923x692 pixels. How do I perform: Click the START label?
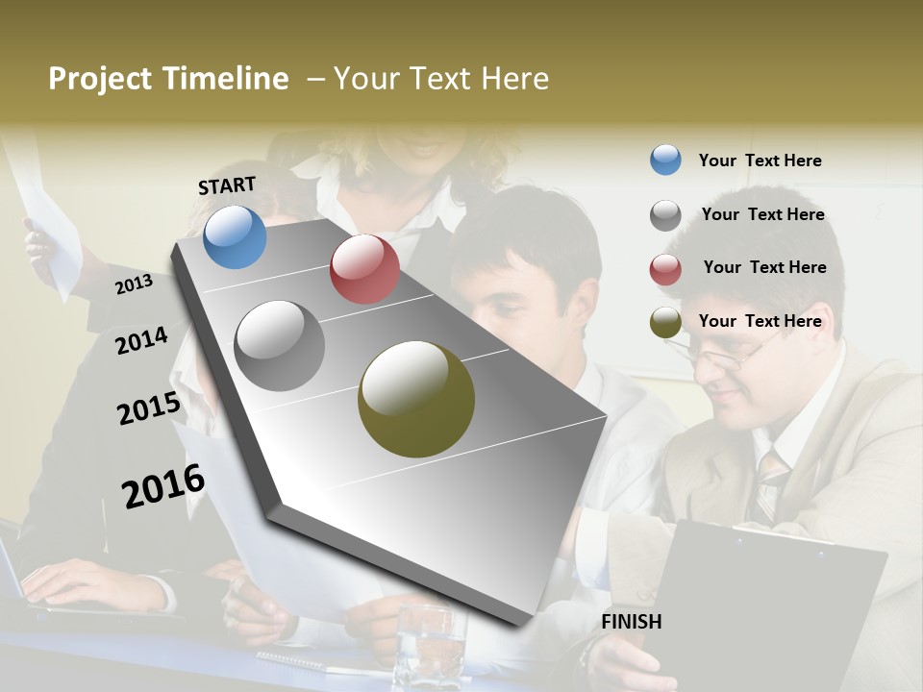pyautogui.click(x=227, y=185)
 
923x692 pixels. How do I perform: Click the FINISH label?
pyautogui.click(x=631, y=622)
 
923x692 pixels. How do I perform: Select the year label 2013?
pyautogui.click(x=134, y=284)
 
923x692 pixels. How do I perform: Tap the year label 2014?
pyautogui.click(x=141, y=340)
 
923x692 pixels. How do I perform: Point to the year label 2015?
pyautogui.click(x=148, y=408)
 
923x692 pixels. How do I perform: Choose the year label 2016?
pyautogui.click(x=163, y=486)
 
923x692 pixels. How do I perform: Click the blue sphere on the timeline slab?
pyautogui.click(x=235, y=236)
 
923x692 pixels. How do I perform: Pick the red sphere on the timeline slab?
pyautogui.click(x=364, y=269)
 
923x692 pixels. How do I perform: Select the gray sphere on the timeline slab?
pyautogui.click(x=279, y=345)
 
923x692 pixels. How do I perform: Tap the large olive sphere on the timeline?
pyautogui.click(x=416, y=399)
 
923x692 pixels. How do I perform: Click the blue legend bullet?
pyautogui.click(x=665, y=160)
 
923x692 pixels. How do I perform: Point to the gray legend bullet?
pyautogui.click(x=665, y=215)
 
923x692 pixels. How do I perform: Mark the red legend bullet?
pyautogui.click(x=665, y=269)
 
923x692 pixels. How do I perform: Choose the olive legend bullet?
pyautogui.click(x=665, y=322)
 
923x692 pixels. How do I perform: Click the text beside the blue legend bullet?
pyautogui.click(x=760, y=161)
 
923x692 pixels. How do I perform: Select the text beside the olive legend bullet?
pyautogui.click(x=760, y=321)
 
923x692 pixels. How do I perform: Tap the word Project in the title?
pyautogui.click(x=99, y=79)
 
